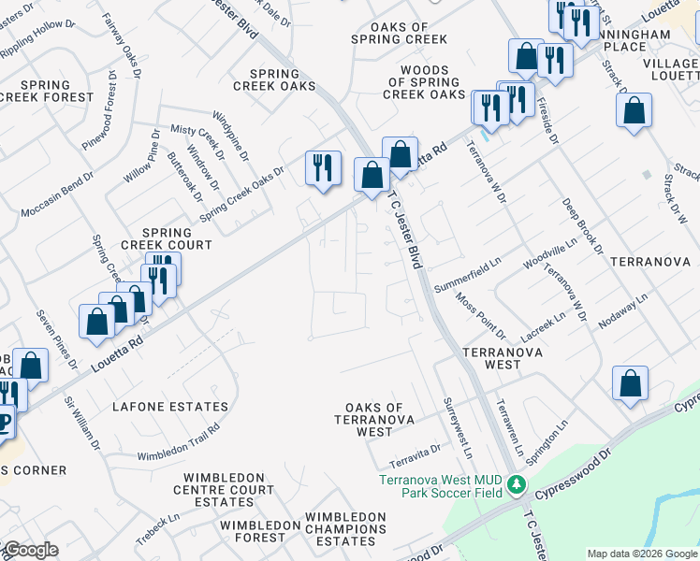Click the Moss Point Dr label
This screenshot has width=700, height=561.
[480, 316]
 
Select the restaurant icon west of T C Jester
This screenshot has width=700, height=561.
[322, 168]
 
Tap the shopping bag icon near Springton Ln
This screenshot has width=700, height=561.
[630, 381]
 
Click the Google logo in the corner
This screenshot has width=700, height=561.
[30, 550]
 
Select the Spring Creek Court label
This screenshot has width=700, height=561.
[165, 238]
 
